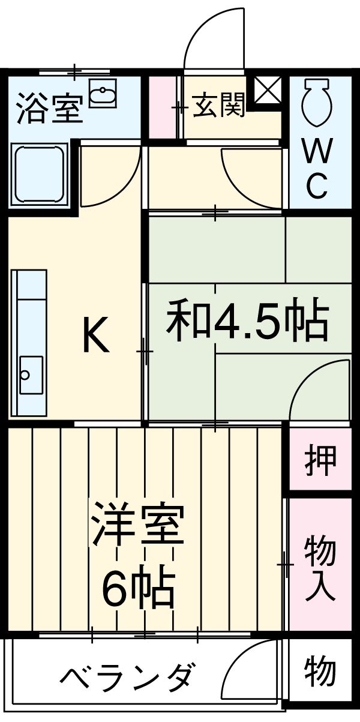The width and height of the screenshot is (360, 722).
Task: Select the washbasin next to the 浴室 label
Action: click(x=103, y=95)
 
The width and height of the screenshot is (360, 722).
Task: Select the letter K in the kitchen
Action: click(x=95, y=336)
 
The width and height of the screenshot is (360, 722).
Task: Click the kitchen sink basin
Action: click(x=31, y=375)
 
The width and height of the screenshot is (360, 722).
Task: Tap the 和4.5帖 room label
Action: click(x=248, y=321)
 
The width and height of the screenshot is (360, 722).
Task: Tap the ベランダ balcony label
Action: click(x=127, y=676)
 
